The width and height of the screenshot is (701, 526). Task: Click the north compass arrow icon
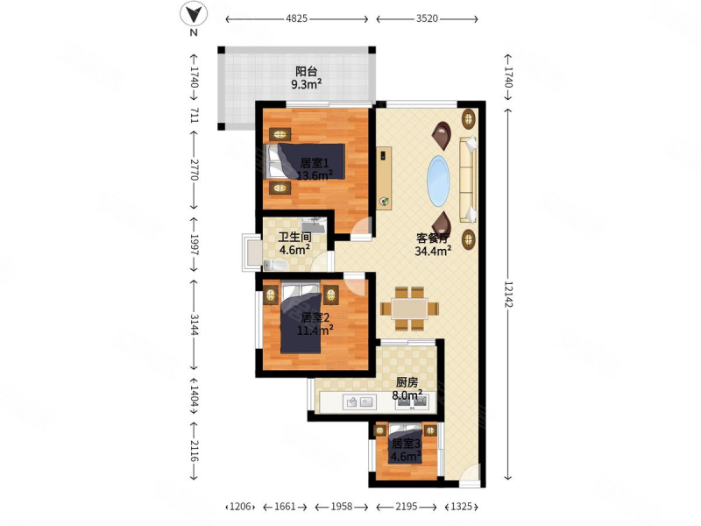tap(194, 14)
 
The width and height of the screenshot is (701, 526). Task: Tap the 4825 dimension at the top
tap(296, 18)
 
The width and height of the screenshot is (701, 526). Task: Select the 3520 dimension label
tap(427, 18)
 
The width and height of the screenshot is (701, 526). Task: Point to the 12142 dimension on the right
tap(508, 294)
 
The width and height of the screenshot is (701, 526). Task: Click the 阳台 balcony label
tap(307, 71)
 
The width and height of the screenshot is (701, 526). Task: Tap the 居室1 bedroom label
tap(315, 163)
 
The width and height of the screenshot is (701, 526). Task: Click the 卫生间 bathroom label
tap(295, 237)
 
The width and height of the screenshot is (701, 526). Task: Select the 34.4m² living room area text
tap(433, 251)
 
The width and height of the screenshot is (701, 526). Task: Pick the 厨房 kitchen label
tap(407, 382)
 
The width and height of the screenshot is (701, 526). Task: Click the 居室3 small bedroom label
tap(406, 444)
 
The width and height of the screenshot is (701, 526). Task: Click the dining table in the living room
tap(409, 309)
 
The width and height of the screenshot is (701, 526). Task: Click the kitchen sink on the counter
tap(360, 402)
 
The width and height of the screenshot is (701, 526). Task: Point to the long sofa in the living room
tap(468, 181)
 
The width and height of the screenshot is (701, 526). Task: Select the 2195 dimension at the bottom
tap(407, 507)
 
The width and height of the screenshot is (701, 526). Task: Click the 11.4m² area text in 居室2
tap(315, 331)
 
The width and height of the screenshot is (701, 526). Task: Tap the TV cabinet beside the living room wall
tap(384, 178)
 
